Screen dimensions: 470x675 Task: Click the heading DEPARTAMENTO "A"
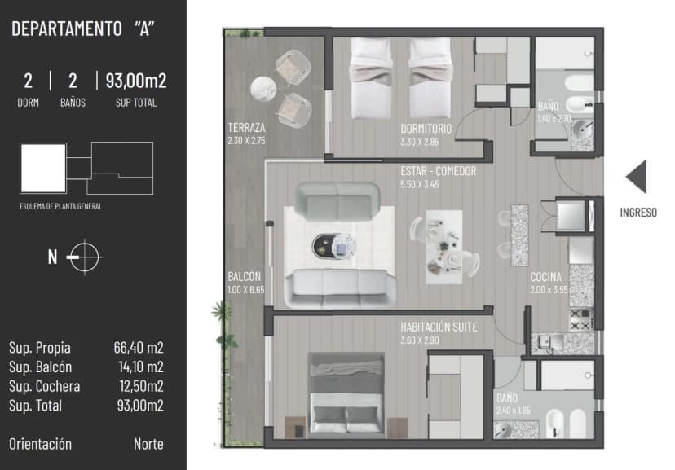pyautogui.click(x=84, y=29)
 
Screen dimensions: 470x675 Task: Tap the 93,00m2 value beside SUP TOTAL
pyautogui.click(x=135, y=81)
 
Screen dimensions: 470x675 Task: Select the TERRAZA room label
pyautogui.click(x=246, y=129)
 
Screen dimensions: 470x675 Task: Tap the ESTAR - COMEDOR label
pyautogui.click(x=439, y=172)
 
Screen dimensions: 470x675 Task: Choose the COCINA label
pyautogui.click(x=545, y=277)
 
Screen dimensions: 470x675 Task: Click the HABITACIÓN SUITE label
pyautogui.click(x=439, y=327)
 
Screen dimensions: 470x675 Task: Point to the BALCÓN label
pyautogui.click(x=245, y=277)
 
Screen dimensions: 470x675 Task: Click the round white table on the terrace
pyautogui.click(x=264, y=87)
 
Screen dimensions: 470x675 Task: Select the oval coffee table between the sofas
pyautogui.click(x=333, y=244)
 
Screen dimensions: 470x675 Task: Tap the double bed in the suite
pyautogui.click(x=346, y=395)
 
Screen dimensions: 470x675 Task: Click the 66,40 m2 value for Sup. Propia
pyautogui.click(x=139, y=348)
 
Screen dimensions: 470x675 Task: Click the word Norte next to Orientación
pyautogui.click(x=148, y=444)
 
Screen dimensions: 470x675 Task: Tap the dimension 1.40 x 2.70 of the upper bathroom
pyautogui.click(x=554, y=118)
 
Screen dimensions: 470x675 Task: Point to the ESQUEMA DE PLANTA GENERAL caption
pyautogui.click(x=61, y=207)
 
